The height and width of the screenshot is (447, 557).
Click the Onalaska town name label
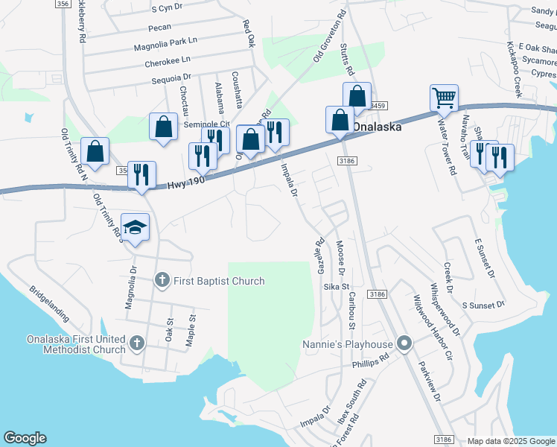click(377, 127)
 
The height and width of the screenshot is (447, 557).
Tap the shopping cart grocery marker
click(444, 98)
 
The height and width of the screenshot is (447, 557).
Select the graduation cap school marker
click(136, 226)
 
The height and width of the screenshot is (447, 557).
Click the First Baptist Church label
click(219, 281)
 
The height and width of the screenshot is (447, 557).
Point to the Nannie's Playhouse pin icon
click(404, 343)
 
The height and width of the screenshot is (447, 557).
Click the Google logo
click(25, 438)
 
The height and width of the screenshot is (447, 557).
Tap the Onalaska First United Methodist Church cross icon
click(136, 343)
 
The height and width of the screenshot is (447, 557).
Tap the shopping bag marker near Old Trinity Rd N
click(95, 151)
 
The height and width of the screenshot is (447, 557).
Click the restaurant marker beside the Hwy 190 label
click(141, 175)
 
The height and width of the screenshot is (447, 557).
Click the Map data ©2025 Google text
click(510, 441)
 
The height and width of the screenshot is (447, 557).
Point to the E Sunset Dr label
click(485, 259)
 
